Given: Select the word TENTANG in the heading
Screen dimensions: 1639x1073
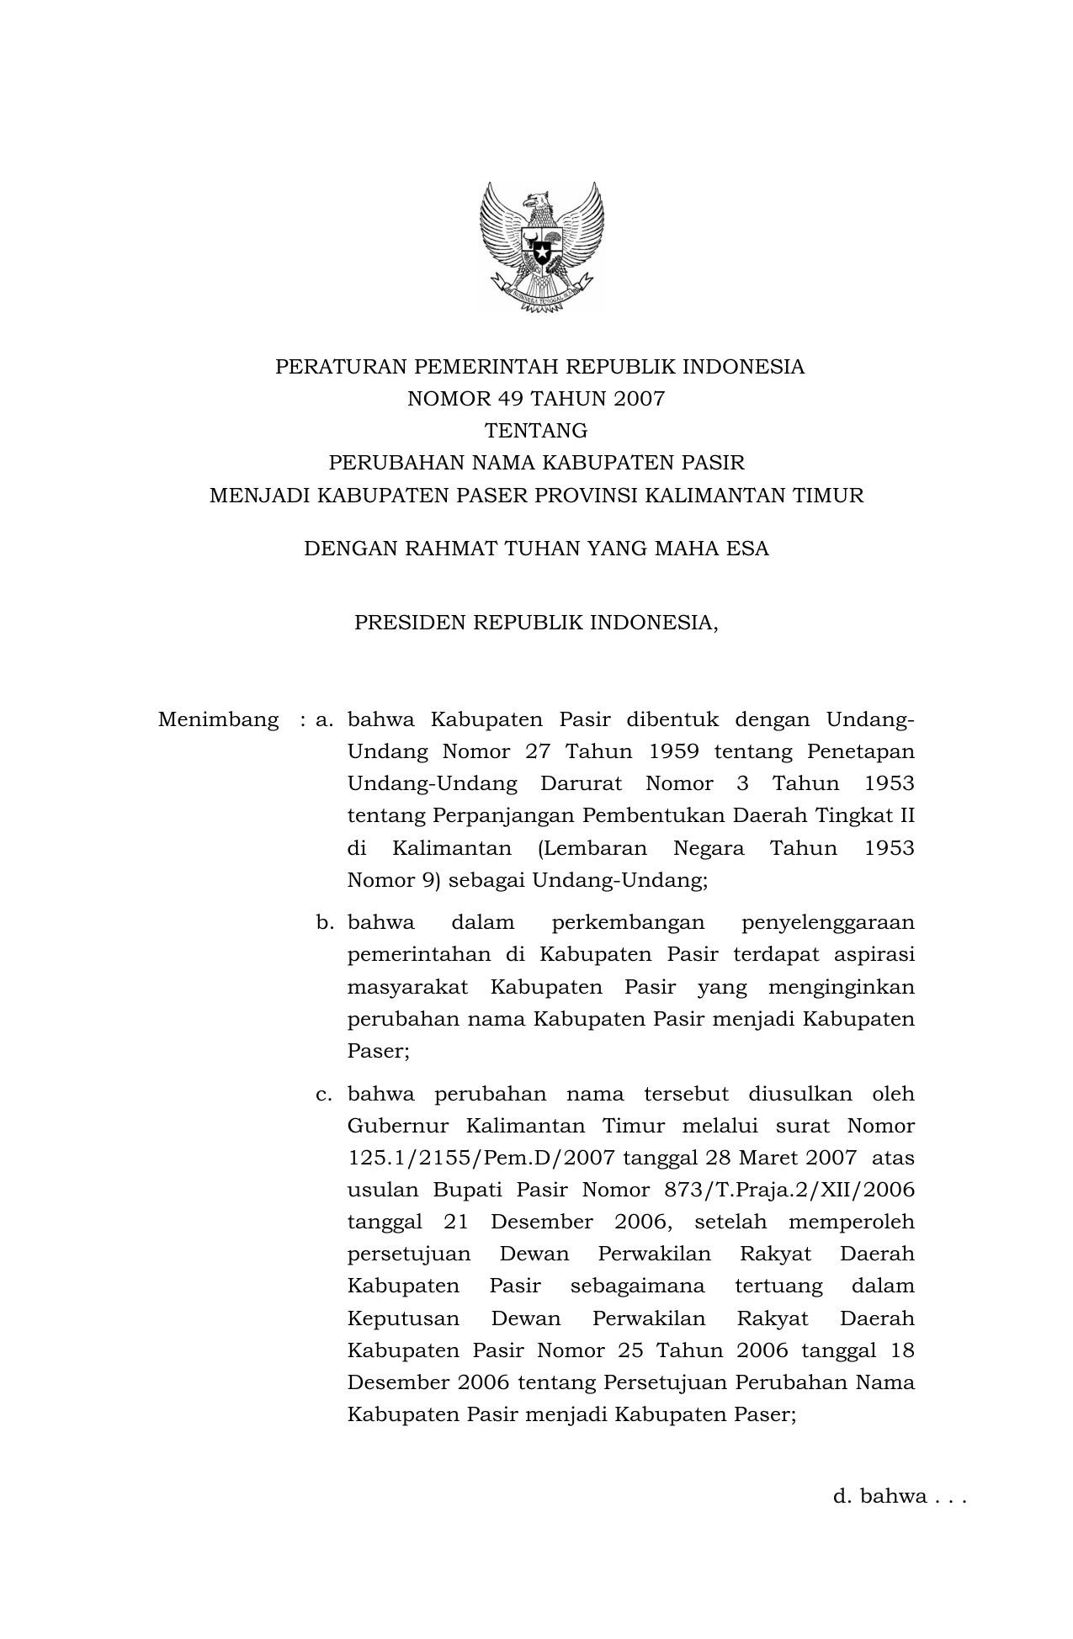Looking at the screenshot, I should [536, 431].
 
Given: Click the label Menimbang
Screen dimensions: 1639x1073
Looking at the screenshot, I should [218, 720].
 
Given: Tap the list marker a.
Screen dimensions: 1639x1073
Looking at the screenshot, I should [325, 720].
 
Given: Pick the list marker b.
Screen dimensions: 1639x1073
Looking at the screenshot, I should [325, 923].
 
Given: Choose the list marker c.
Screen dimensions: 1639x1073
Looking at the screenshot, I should [325, 1095].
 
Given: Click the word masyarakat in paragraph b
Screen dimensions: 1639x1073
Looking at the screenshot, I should [407, 987].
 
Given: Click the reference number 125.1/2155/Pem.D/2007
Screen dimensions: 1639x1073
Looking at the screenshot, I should [482, 1159].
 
